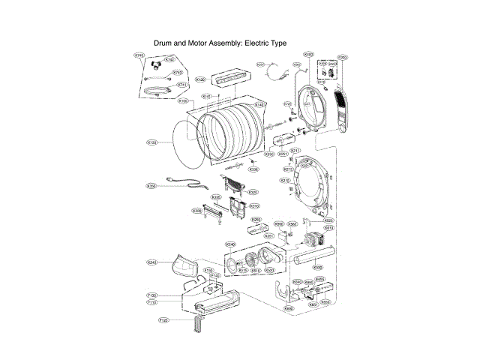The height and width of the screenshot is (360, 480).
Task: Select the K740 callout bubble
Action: [x=139, y=55]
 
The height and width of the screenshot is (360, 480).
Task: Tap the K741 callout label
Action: [x=181, y=85]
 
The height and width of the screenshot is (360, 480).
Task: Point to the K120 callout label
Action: [x=200, y=79]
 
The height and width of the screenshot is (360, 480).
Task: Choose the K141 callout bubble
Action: [x=207, y=97]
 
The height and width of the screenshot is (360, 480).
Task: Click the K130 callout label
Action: [x=183, y=100]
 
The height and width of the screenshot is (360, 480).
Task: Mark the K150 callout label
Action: [x=151, y=142]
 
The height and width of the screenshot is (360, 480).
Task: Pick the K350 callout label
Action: [x=151, y=185]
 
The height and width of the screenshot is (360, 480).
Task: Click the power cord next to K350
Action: [x=184, y=188]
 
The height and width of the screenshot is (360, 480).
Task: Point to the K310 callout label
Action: [x=254, y=205]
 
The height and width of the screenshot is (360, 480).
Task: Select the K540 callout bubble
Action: [x=231, y=244]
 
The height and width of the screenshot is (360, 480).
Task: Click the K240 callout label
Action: [x=152, y=262]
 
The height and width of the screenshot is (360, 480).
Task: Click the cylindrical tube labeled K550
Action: [x=307, y=261]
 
